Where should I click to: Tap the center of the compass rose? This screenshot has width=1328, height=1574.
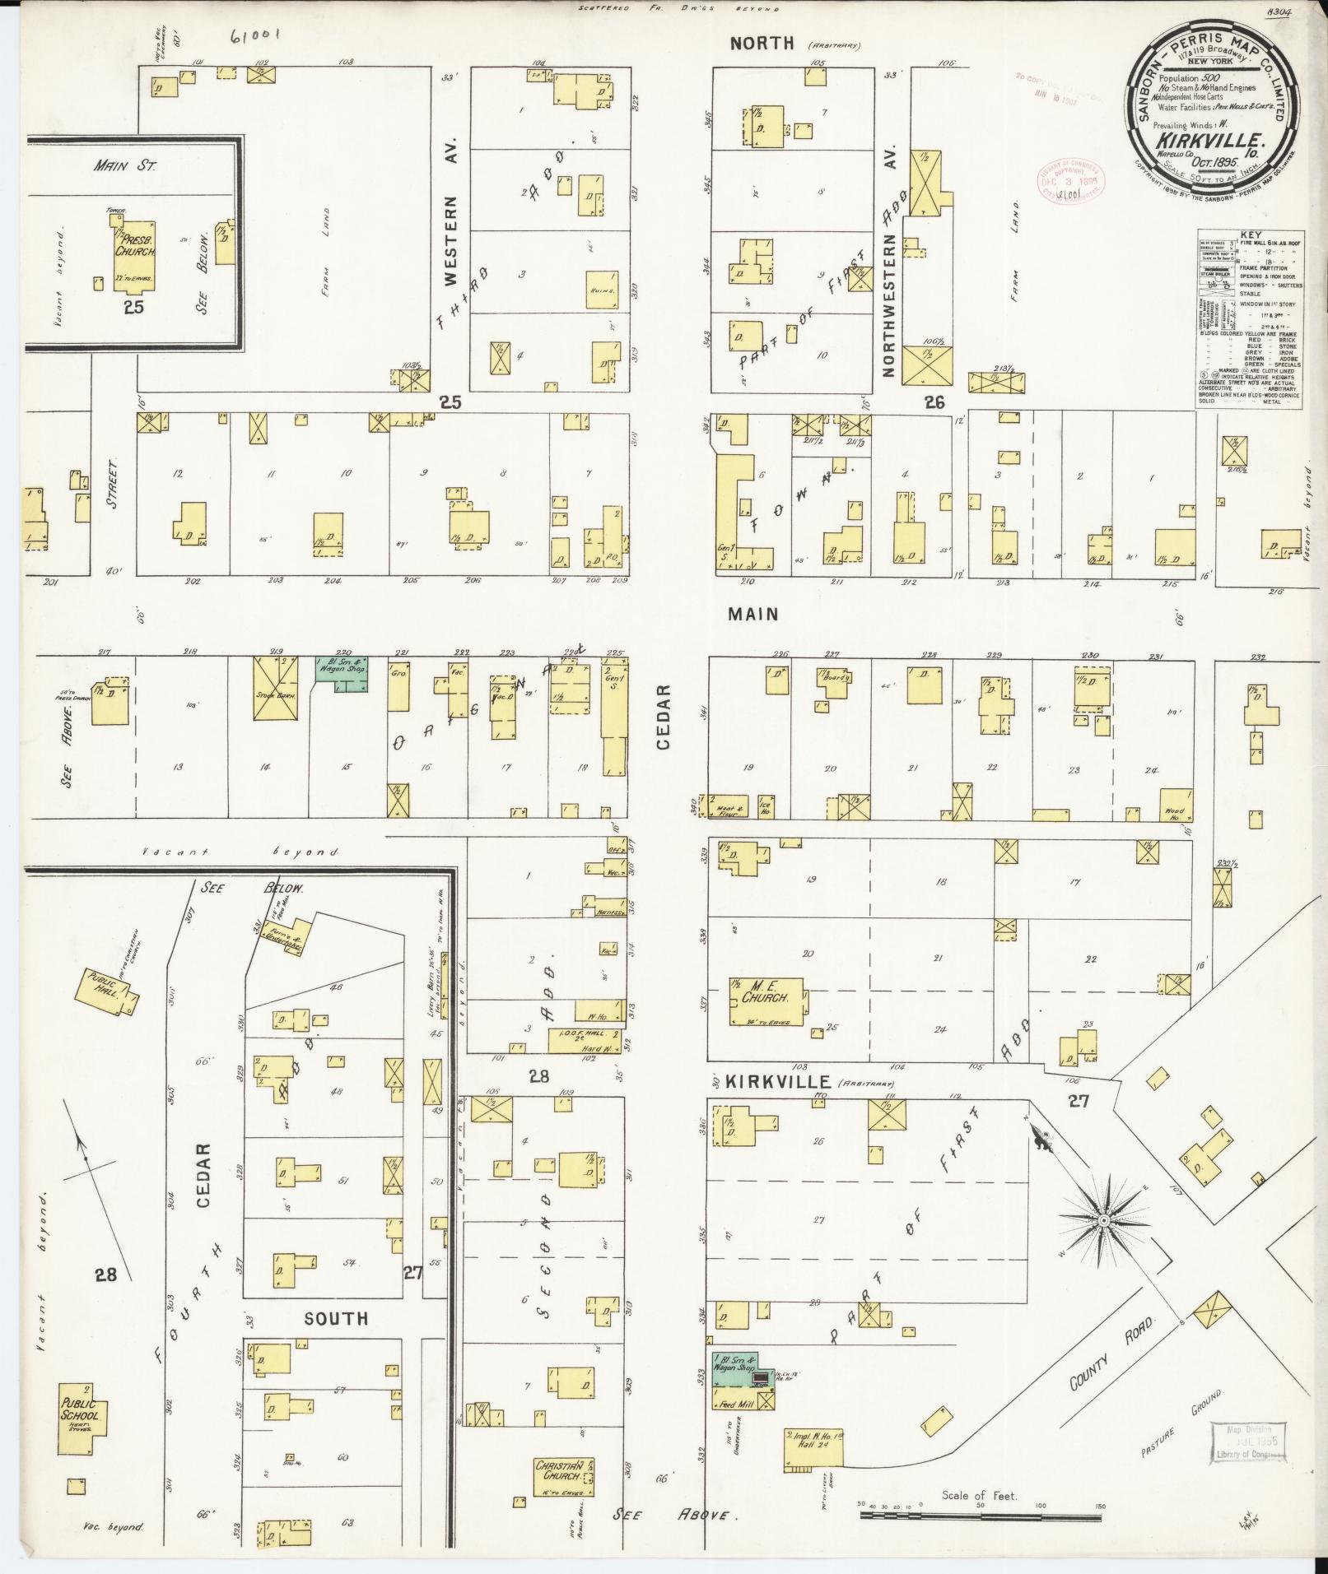[1102, 1221]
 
